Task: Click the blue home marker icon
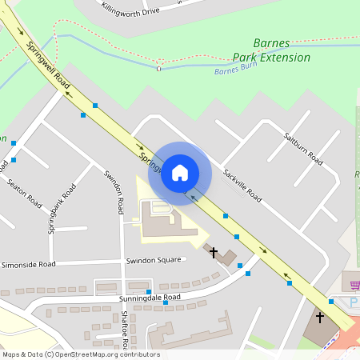(x=180, y=173)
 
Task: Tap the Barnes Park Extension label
(x=271, y=50)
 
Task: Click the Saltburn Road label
(x=303, y=150)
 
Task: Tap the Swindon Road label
(x=113, y=192)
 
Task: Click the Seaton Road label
(x=24, y=193)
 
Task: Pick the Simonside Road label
(x=28, y=264)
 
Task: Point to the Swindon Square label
(x=153, y=261)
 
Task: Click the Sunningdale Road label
(x=150, y=298)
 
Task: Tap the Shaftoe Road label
(x=125, y=328)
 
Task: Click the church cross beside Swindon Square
(x=214, y=253)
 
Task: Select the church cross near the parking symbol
(x=320, y=318)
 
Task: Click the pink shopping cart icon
(x=354, y=285)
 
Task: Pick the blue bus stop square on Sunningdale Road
(x=149, y=291)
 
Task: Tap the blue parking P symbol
(x=354, y=302)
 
